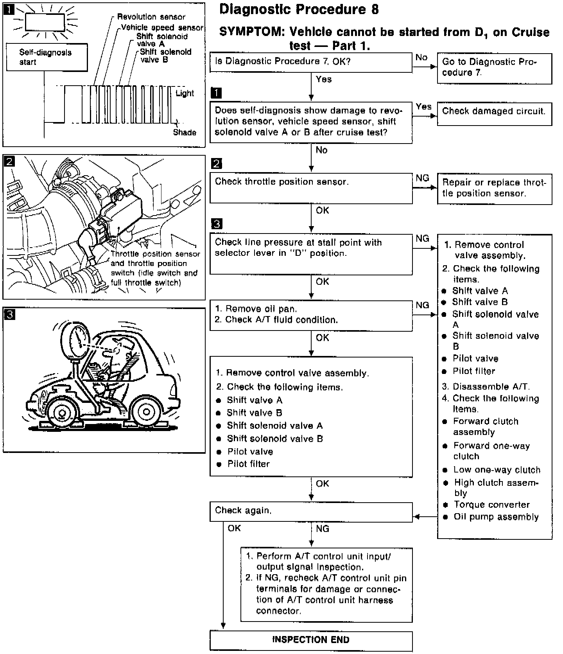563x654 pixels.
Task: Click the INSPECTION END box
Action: click(311, 640)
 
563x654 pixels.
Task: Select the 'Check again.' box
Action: click(311, 511)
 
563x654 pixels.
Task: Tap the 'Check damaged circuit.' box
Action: click(494, 113)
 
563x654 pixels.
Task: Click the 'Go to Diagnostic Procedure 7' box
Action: click(494, 68)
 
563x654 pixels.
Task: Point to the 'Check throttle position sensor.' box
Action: click(311, 188)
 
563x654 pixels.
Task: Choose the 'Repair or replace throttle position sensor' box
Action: click(494, 189)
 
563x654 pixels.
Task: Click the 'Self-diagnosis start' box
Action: click(47, 57)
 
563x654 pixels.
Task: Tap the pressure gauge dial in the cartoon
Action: click(77, 337)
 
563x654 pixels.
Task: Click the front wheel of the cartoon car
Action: click(61, 412)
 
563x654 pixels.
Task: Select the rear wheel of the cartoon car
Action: click(147, 412)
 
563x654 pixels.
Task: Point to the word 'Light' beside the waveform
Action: click(185, 93)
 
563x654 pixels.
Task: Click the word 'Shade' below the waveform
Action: click(185, 133)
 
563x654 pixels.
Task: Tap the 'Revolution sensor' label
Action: click(151, 17)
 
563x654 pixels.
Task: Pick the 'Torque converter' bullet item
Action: click(491, 505)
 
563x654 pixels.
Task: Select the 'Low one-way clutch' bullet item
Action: click(497, 470)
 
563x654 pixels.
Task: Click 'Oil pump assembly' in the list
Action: click(496, 517)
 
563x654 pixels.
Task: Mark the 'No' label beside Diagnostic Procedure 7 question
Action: click(421, 57)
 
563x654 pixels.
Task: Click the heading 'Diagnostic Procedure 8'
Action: click(299, 9)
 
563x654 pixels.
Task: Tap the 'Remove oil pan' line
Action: click(261, 309)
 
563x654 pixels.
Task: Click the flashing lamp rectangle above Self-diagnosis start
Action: click(45, 22)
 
